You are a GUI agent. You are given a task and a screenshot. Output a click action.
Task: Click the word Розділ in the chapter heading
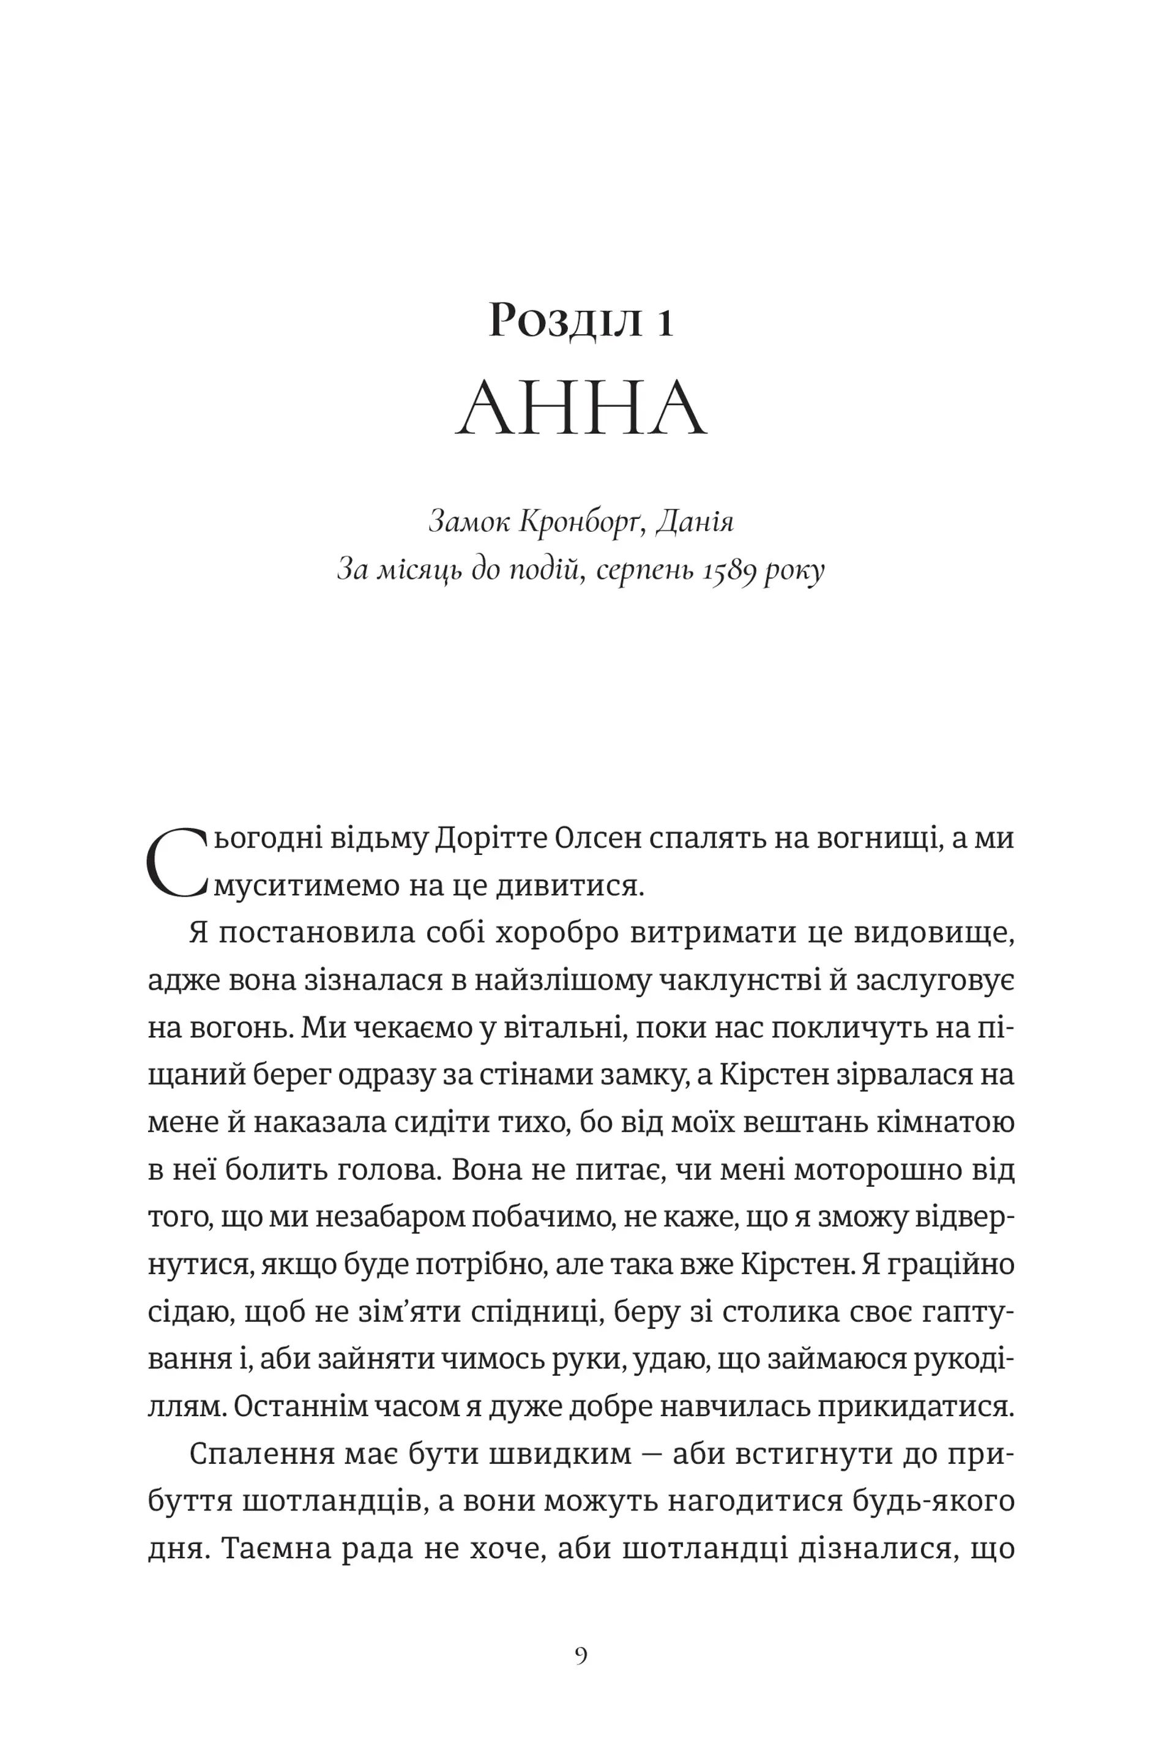(565, 321)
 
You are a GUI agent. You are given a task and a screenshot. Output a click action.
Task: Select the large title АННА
(581, 408)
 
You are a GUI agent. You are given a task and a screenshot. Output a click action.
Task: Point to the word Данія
(695, 521)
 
